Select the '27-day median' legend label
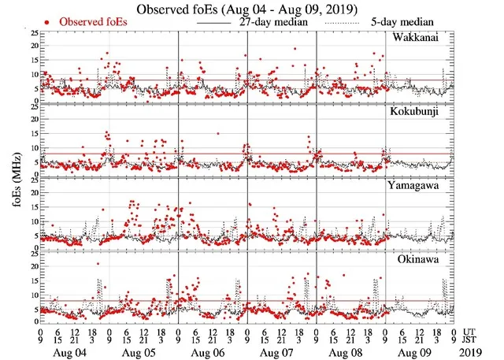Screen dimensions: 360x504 (268, 22)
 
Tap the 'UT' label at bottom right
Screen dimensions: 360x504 (471, 332)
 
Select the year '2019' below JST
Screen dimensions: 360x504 (473, 352)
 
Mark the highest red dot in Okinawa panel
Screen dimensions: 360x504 (98, 264)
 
